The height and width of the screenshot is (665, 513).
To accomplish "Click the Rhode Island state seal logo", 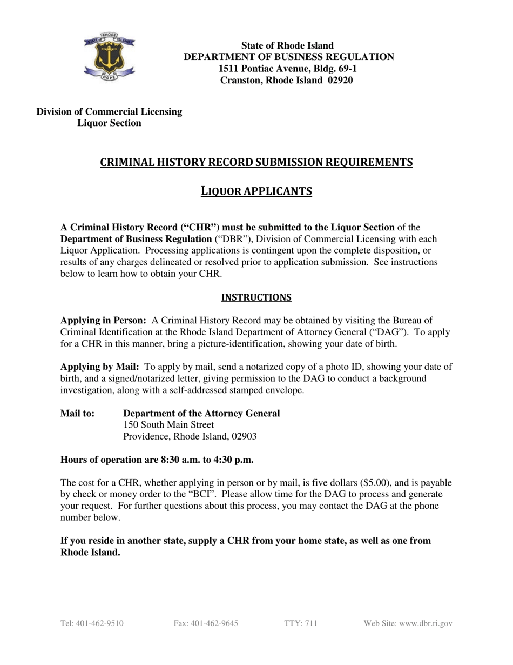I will [x=110, y=58].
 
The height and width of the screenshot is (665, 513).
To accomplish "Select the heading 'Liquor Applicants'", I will [x=256, y=191].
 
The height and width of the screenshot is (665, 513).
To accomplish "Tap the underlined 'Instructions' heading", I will [x=256, y=297].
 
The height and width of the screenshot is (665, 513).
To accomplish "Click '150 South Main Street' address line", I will [x=168, y=425].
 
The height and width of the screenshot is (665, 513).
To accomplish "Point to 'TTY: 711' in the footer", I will [x=301, y=623].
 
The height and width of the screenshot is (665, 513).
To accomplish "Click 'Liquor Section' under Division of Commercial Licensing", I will [x=109, y=123].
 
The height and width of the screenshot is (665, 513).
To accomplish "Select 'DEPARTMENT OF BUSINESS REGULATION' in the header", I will [x=289, y=57].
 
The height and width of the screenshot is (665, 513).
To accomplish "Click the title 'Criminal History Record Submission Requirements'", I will [x=256, y=162].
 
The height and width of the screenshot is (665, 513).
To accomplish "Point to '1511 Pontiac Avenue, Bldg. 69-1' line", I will [x=288, y=69].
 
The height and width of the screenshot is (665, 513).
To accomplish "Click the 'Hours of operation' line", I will [x=157, y=460].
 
